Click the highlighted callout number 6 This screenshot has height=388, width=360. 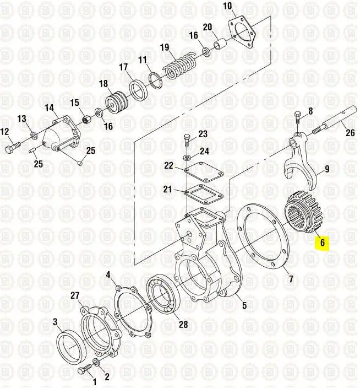(x=322, y=242)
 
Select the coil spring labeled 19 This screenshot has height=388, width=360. (x=179, y=66)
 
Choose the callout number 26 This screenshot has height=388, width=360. (x=350, y=133)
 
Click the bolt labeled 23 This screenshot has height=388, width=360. (x=187, y=141)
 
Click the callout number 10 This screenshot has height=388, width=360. (x=227, y=6)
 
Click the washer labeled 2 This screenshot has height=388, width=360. (x=96, y=362)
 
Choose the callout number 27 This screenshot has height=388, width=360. (x=75, y=295)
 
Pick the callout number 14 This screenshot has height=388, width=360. (x=50, y=107)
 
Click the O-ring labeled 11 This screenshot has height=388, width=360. (x=156, y=80)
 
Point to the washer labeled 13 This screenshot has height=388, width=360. (x=33, y=135)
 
